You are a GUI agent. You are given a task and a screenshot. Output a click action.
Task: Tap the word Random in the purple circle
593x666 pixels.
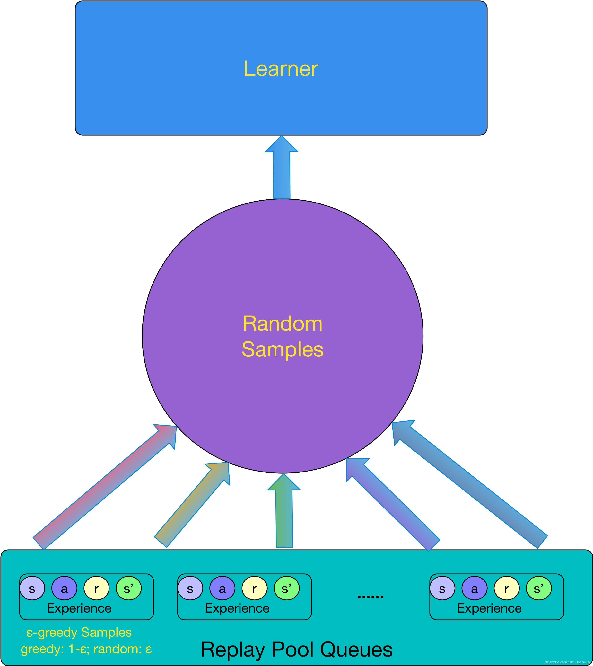(282, 324)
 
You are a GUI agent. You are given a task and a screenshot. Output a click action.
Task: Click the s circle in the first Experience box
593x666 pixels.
(32, 588)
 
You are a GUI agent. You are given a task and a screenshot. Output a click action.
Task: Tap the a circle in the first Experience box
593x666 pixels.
(64, 588)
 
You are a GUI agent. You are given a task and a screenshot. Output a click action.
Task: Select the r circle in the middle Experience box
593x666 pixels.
(254, 588)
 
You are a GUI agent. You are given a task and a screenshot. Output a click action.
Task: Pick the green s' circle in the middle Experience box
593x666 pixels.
(286, 588)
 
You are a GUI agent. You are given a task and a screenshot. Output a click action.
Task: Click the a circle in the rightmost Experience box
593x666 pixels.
(474, 588)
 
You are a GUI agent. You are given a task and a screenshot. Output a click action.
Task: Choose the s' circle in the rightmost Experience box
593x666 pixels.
(539, 588)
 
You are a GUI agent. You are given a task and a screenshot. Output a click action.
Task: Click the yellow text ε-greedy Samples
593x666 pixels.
(79, 632)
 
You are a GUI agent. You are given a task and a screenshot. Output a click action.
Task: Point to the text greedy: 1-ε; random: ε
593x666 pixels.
(86, 649)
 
